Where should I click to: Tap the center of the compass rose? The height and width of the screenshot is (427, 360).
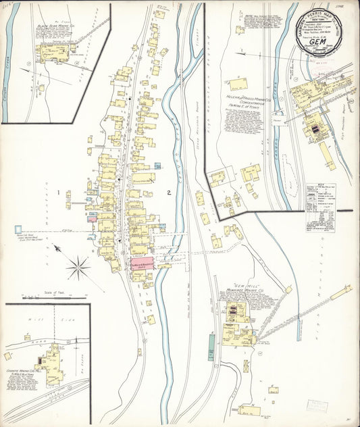[x=78, y=266]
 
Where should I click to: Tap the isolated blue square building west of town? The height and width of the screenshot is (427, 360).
[x=18, y=229]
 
